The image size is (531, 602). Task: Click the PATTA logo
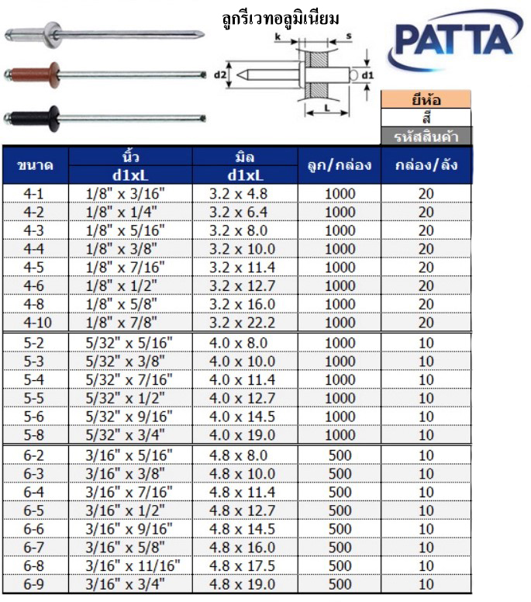tap(455, 43)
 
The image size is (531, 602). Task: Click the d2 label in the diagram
tap(219, 75)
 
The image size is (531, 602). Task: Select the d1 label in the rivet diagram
tap(368, 75)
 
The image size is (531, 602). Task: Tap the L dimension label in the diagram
tap(326, 108)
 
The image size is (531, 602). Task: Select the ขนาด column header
tap(35, 165)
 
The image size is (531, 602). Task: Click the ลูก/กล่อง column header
tap(340, 165)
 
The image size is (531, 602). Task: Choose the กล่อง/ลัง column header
tap(426, 165)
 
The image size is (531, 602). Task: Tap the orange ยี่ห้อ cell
tap(426, 99)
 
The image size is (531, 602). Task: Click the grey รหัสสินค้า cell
tap(426, 137)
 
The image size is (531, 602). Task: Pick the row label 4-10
tap(35, 322)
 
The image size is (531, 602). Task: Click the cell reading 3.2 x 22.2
tap(243, 322)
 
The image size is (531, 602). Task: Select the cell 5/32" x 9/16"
tap(126, 417)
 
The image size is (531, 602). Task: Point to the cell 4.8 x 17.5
tap(243, 566)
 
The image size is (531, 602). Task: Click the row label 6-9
tap(35, 584)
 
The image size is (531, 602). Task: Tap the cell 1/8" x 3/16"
tap(126, 192)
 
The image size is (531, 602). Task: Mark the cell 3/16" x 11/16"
tap(126, 566)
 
